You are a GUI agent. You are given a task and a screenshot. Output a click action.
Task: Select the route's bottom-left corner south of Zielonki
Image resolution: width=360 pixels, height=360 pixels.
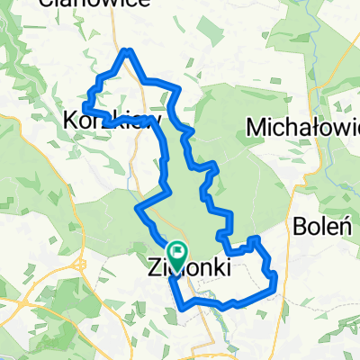point(185,306)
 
